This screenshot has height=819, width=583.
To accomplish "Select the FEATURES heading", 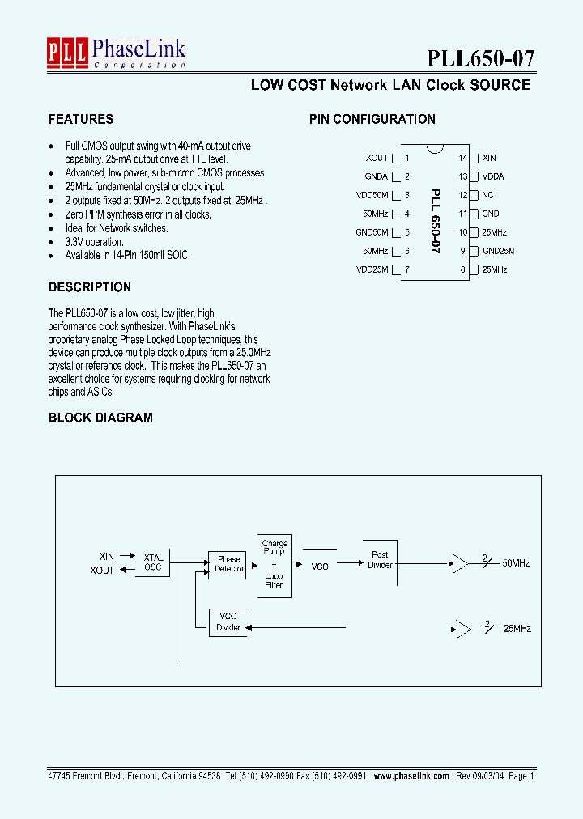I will point(81,119).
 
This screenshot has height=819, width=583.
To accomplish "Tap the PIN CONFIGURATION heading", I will point(372,119).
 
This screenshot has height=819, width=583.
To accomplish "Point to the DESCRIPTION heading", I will point(89,287).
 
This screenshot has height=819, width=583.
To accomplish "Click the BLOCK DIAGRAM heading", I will point(100,418).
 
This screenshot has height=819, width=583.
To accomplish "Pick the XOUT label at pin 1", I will point(377,158).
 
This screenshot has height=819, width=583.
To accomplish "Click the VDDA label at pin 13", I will point(493,176).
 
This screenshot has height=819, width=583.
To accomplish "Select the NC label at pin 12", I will point(487,195).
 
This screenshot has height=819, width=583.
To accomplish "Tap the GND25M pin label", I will point(498,251).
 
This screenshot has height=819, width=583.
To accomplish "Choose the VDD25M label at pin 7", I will point(372,269).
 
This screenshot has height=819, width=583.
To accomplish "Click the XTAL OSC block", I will point(153,562).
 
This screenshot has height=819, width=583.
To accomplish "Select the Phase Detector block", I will point(228,564).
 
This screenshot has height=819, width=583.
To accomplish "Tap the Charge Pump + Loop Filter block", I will point(274,565).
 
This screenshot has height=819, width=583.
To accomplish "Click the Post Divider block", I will point(380,560).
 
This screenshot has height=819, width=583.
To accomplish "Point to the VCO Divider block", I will point(228,622).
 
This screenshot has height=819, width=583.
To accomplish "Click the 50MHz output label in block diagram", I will point(516,562).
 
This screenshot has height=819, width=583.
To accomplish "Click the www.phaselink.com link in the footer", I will point(411,775).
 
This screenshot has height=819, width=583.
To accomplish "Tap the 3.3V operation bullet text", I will point(94,242).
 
